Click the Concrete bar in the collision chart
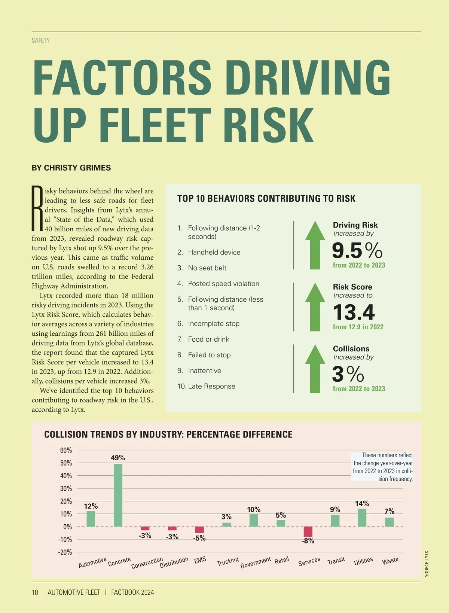coord(118,495)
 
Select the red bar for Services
coord(308,531)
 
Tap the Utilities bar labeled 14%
coord(362,518)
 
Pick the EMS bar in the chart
coord(199,530)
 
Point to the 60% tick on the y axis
coord(66,450)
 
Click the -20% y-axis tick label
coord(65,552)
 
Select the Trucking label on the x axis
coord(227,561)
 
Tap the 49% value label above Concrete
coord(118,458)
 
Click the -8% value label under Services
coord(308,541)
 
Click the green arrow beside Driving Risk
coord(315,245)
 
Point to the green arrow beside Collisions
coord(315,369)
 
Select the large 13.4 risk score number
coord(354,312)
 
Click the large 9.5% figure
coord(357,250)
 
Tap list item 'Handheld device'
coord(214,252)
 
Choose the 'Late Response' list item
coord(211,386)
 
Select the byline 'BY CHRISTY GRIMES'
coord(71,168)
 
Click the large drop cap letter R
coord(37,208)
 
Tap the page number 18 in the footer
coord(35,592)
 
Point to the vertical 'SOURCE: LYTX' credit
coord(427,564)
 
